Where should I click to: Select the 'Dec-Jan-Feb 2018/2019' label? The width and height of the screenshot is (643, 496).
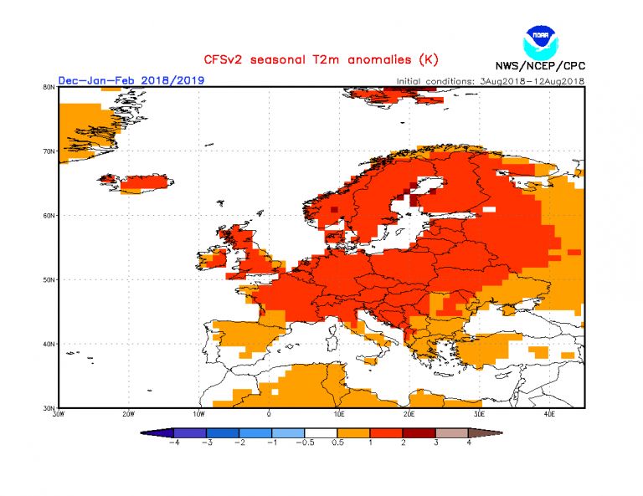point(131,80)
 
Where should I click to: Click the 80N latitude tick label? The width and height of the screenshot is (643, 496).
point(49,87)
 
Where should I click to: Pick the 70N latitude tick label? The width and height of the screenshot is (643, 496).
point(49,151)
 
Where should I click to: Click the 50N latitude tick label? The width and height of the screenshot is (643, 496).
point(49,279)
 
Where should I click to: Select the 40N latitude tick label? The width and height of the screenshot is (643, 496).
point(49,344)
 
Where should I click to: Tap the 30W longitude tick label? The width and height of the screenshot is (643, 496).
point(58,413)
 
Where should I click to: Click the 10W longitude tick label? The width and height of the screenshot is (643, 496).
point(198,413)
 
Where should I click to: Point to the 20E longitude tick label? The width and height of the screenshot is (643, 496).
point(409,413)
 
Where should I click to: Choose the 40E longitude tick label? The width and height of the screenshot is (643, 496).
point(549,413)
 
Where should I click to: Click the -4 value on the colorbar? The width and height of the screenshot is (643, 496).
point(175,442)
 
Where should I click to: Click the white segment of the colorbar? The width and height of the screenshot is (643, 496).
point(322,432)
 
